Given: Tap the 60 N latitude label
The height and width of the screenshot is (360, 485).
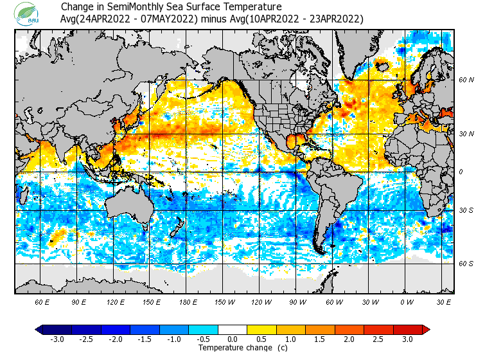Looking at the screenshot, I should point(466,80).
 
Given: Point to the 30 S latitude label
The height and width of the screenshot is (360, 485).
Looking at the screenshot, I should point(466,210).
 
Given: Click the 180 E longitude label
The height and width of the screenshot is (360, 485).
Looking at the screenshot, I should point(188,301).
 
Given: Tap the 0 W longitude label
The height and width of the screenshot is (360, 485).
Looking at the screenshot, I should point(406,301).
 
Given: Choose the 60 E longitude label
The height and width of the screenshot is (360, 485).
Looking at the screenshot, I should point(42,301).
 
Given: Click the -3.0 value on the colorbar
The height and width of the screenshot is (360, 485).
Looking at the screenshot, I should point(57,339).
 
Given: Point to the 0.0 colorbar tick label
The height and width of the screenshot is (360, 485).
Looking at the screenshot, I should point(233,339).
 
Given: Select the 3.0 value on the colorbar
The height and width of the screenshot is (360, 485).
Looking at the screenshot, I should point(407,339).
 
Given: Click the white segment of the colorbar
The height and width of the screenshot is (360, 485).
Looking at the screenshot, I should point(233,330).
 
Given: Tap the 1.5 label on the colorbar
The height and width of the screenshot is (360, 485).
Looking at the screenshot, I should point(320,339).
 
